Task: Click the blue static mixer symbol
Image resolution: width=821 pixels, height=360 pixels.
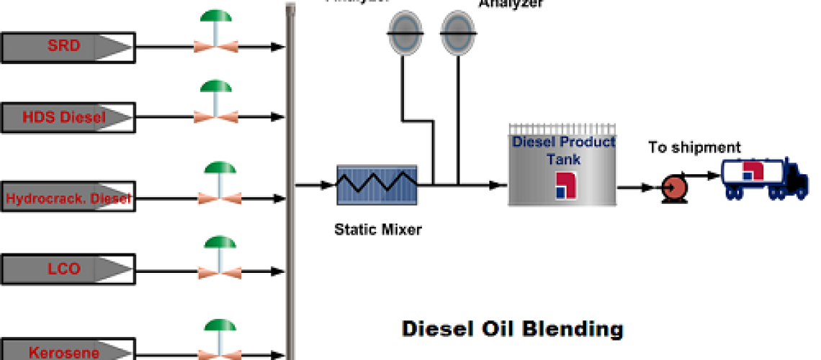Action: (377, 185)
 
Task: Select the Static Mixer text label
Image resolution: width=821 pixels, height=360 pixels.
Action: (377, 230)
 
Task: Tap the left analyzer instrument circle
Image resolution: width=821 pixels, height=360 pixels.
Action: (405, 33)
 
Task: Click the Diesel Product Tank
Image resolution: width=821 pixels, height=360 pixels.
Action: (562, 166)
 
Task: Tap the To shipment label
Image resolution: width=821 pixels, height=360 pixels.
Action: (694, 148)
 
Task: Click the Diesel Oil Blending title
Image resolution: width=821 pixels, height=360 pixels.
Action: (511, 329)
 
